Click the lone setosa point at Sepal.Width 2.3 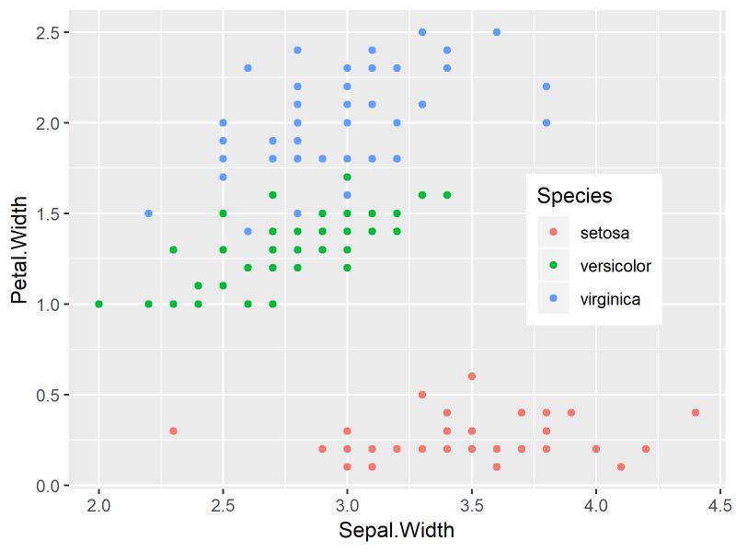coord(173,431)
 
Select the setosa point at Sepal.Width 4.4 coord(695,412)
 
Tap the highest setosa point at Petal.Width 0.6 coord(471,376)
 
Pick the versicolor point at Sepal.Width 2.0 coord(98,304)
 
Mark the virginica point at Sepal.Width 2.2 coord(148,213)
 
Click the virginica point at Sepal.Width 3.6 coord(496,32)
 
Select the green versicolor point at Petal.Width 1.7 coord(347,177)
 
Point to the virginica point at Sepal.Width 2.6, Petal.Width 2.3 coord(247,68)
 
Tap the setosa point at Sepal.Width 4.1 coord(620,466)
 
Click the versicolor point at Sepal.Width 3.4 coord(446,195)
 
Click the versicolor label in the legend coord(615,266)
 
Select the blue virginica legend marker coord(553,299)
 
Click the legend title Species coord(574,196)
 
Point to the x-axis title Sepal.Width coord(396,531)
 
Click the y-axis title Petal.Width coord(19,249)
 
